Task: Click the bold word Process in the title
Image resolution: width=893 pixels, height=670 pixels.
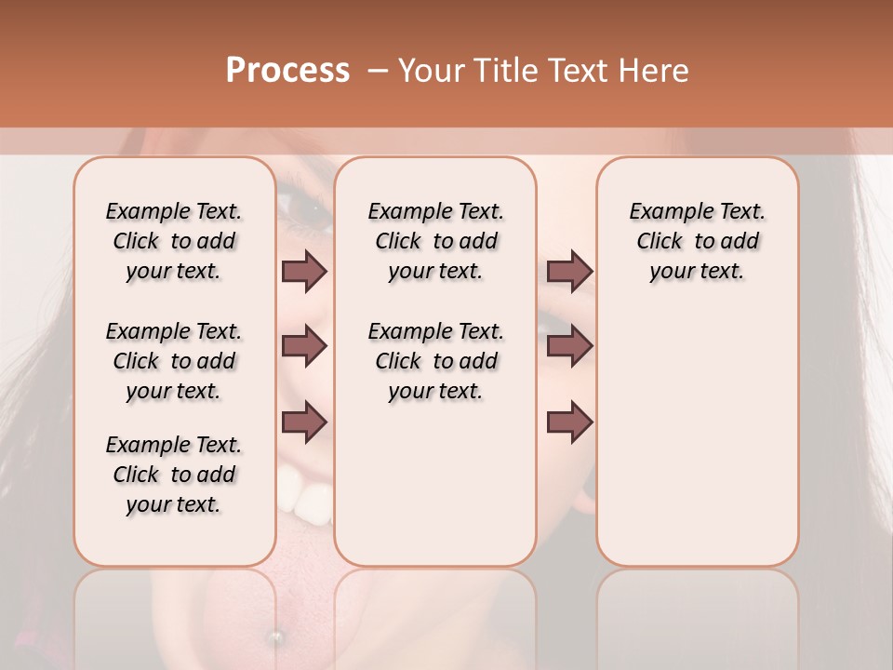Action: (287, 71)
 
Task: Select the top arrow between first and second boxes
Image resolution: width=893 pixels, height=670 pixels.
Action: (304, 271)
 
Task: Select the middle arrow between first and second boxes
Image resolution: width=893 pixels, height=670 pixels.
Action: (304, 347)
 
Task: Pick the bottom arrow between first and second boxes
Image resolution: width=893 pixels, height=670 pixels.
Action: (304, 422)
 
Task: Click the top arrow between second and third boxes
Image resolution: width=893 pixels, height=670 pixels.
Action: (569, 271)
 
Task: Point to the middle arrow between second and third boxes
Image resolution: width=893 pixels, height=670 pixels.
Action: (569, 347)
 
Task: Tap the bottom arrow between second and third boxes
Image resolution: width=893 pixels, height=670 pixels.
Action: (569, 422)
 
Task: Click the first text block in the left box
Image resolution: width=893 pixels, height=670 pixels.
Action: (174, 241)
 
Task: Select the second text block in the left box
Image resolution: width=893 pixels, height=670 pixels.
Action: (174, 361)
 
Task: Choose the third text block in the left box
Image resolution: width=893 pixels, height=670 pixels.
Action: (174, 475)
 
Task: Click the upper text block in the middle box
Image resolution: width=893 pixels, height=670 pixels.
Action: (435, 241)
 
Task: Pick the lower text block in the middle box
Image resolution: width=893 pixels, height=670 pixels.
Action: (435, 361)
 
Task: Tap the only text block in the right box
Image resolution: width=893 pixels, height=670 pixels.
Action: (697, 241)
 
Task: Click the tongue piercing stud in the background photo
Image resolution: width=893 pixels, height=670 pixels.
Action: (275, 636)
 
